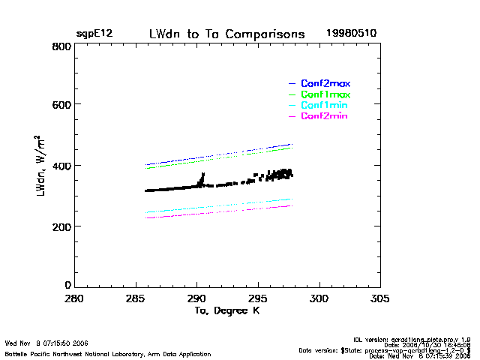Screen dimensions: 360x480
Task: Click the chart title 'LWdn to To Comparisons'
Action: click(x=226, y=34)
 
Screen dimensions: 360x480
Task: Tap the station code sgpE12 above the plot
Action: click(x=94, y=34)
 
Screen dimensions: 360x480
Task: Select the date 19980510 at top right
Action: click(x=351, y=34)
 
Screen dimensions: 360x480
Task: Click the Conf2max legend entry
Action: click(x=325, y=83)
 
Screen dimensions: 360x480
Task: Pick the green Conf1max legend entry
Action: click(x=325, y=94)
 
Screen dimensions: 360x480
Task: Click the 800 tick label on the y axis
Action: click(x=61, y=46)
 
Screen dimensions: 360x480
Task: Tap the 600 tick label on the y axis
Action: click(x=61, y=105)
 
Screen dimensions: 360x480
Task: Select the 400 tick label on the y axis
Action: click(x=61, y=166)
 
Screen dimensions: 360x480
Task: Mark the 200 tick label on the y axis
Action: click(x=61, y=226)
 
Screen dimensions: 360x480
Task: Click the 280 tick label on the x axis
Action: click(x=73, y=298)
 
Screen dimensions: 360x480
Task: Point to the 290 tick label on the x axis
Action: click(x=196, y=298)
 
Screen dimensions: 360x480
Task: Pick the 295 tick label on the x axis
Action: click(x=258, y=298)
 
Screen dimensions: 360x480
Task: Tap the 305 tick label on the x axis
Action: click(x=380, y=298)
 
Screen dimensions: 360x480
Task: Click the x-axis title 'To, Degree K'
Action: click(x=226, y=310)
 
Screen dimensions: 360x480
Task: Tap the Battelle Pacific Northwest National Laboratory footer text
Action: click(x=108, y=353)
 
